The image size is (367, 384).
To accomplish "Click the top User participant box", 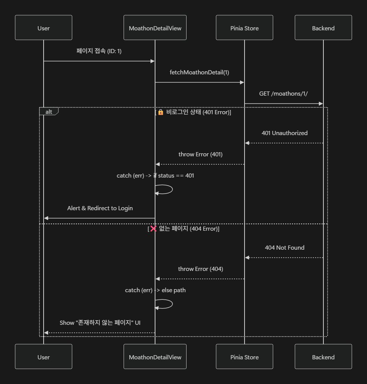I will [x=44, y=28].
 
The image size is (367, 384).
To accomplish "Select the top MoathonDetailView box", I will [x=155, y=28].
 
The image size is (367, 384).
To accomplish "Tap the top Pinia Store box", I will [x=245, y=28].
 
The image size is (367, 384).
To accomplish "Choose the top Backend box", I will [x=323, y=28].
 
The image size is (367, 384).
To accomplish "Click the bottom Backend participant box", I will [x=323, y=357].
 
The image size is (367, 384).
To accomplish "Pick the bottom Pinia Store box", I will [x=245, y=357].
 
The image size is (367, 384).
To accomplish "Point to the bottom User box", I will [x=44, y=357].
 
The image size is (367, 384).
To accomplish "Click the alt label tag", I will [x=49, y=112].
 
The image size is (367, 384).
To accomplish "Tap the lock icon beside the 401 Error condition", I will [x=161, y=112].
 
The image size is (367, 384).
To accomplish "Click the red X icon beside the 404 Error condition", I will [x=153, y=228].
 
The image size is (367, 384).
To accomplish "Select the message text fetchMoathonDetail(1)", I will [x=199, y=72].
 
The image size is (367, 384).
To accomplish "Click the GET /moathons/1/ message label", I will [x=284, y=93].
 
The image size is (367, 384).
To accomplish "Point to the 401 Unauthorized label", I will [x=284, y=133].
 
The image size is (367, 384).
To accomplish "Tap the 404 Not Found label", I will [x=284, y=247].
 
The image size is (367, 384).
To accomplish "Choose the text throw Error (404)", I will [x=201, y=269].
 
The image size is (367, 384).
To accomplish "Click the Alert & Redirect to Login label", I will [x=100, y=208].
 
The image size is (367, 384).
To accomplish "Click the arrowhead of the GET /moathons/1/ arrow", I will [x=321, y=104].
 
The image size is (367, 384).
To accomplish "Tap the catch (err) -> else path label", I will [x=155, y=290].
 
